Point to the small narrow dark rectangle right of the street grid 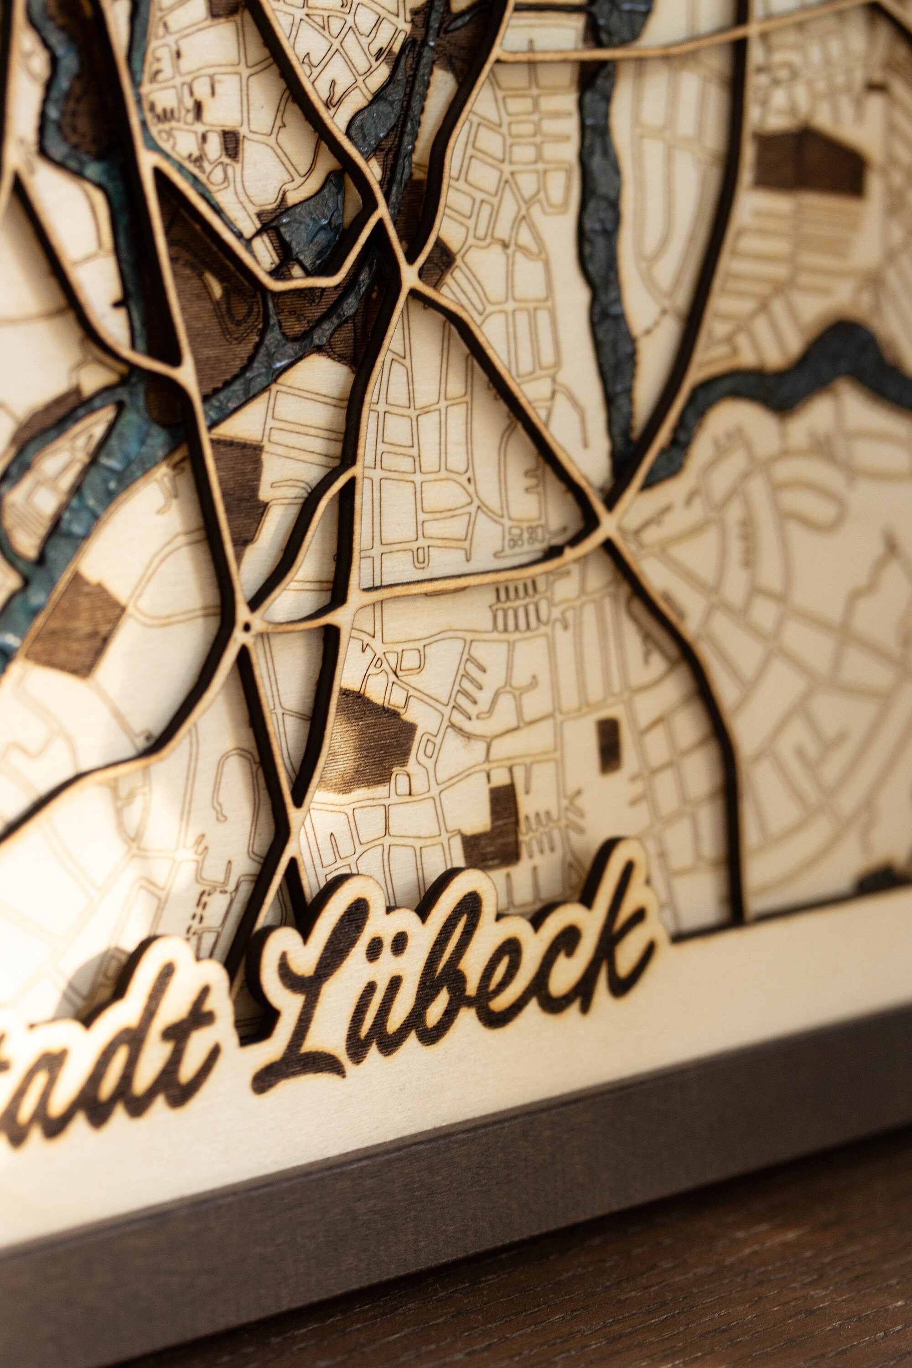(x=608, y=746)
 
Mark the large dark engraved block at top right (x=808, y=163)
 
